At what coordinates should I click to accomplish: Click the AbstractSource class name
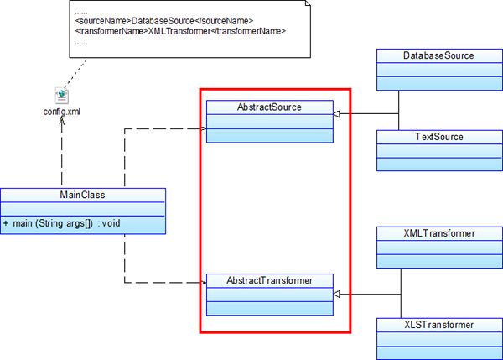click(x=269, y=107)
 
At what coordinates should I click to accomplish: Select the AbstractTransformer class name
click(x=269, y=279)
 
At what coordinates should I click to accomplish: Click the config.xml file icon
click(x=61, y=96)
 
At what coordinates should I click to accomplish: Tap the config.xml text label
click(x=61, y=111)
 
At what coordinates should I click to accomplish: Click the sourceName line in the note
click(x=163, y=19)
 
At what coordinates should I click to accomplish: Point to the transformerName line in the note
click(x=179, y=31)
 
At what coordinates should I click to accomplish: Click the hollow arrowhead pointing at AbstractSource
click(x=337, y=113)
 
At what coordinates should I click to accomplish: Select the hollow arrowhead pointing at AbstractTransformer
click(x=337, y=295)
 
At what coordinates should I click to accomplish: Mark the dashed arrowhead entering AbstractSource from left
click(x=201, y=128)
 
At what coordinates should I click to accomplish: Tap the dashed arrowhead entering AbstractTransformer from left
click(x=201, y=283)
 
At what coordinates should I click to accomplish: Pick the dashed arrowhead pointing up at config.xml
click(x=61, y=121)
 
